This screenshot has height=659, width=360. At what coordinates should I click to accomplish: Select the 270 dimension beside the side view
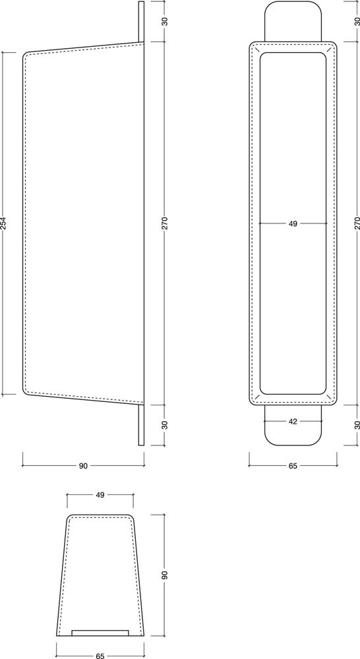click(x=164, y=223)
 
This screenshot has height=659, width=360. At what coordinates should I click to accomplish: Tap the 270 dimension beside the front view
click(x=357, y=223)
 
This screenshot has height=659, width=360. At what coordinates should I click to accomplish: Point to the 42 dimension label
click(x=293, y=421)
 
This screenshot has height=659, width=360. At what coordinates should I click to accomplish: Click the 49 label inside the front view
click(x=293, y=223)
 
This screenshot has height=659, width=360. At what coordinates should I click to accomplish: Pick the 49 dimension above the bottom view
click(x=100, y=495)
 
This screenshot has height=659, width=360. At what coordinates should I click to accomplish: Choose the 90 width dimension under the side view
click(x=83, y=466)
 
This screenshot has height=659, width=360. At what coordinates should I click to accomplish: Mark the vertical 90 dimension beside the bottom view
click(x=164, y=575)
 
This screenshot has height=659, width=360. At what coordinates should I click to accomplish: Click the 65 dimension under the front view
click(x=293, y=466)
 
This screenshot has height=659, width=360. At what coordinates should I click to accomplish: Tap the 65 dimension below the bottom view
click(x=100, y=656)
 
